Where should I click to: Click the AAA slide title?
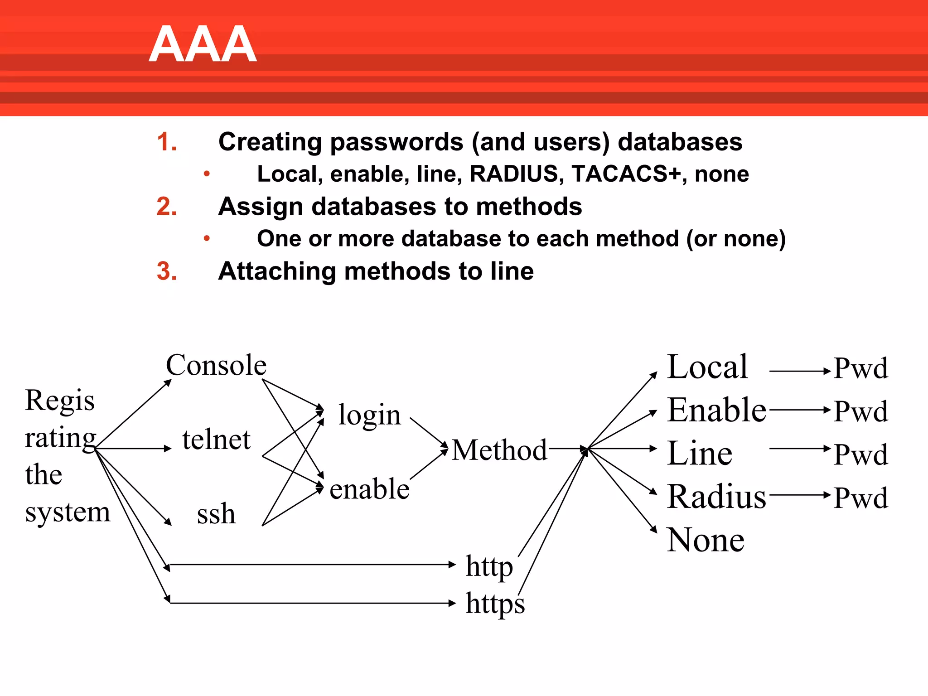(x=203, y=44)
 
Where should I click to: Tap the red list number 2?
(x=166, y=207)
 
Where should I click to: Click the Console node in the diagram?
(x=216, y=365)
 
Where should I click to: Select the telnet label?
(x=216, y=440)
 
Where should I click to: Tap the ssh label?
(x=216, y=514)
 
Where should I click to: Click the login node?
(x=369, y=415)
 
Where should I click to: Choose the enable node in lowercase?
(x=369, y=489)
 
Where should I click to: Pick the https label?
(x=495, y=604)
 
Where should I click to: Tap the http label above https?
(x=489, y=566)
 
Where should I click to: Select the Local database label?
(x=707, y=367)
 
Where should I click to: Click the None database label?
(x=706, y=540)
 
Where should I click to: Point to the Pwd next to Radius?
(x=860, y=498)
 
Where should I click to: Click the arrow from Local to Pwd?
(x=799, y=371)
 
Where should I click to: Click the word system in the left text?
(x=68, y=513)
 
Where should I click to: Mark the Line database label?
(x=700, y=454)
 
